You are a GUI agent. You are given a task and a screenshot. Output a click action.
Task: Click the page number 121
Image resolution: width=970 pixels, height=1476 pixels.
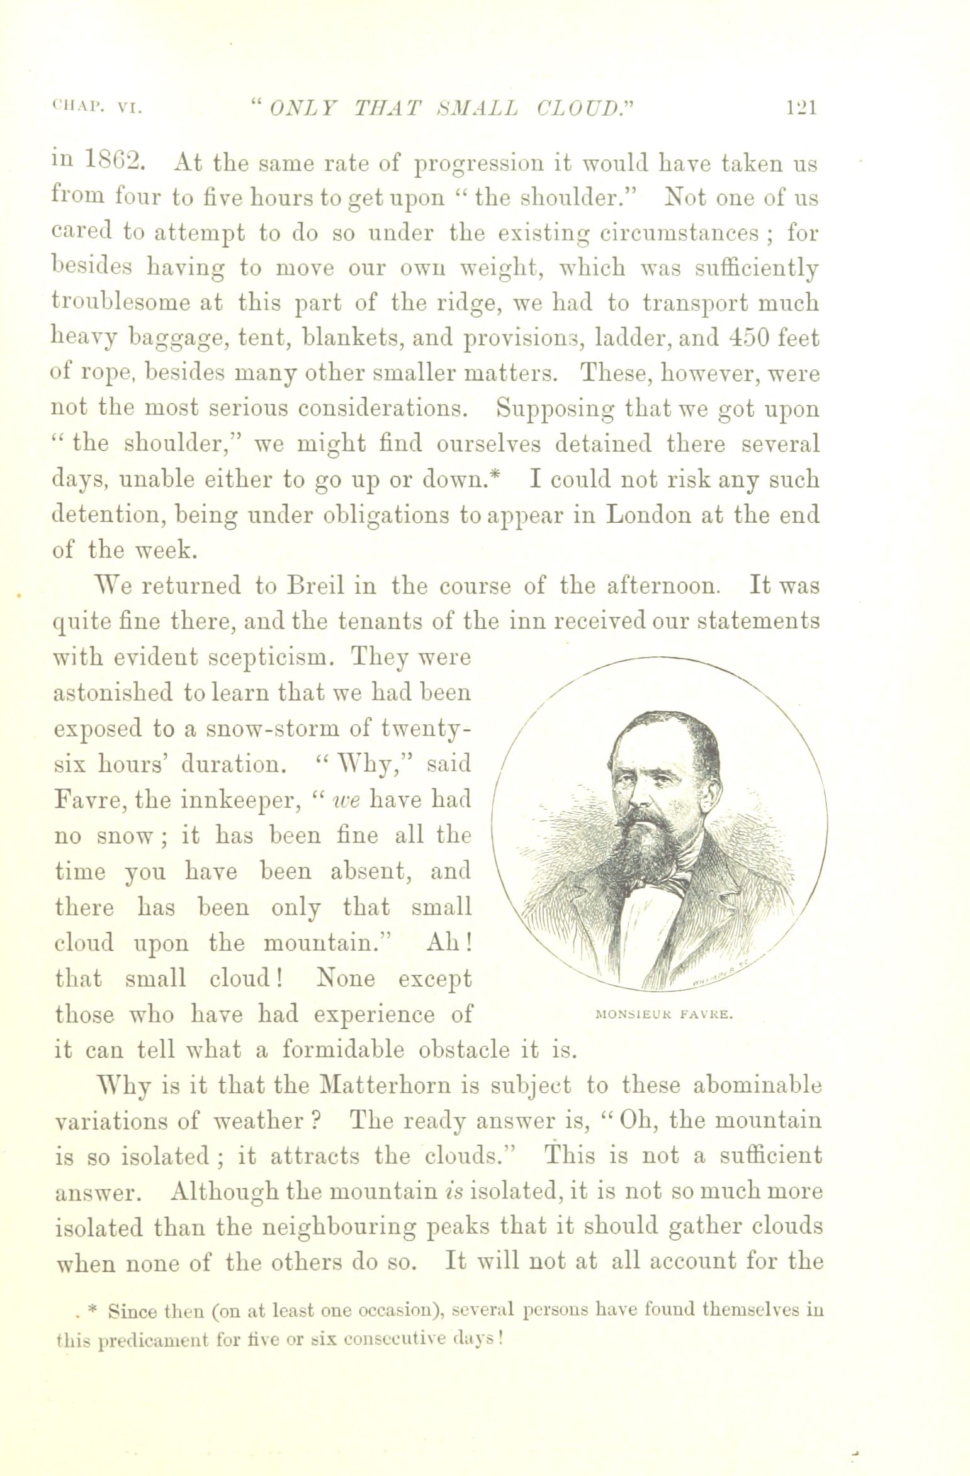point(800,109)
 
